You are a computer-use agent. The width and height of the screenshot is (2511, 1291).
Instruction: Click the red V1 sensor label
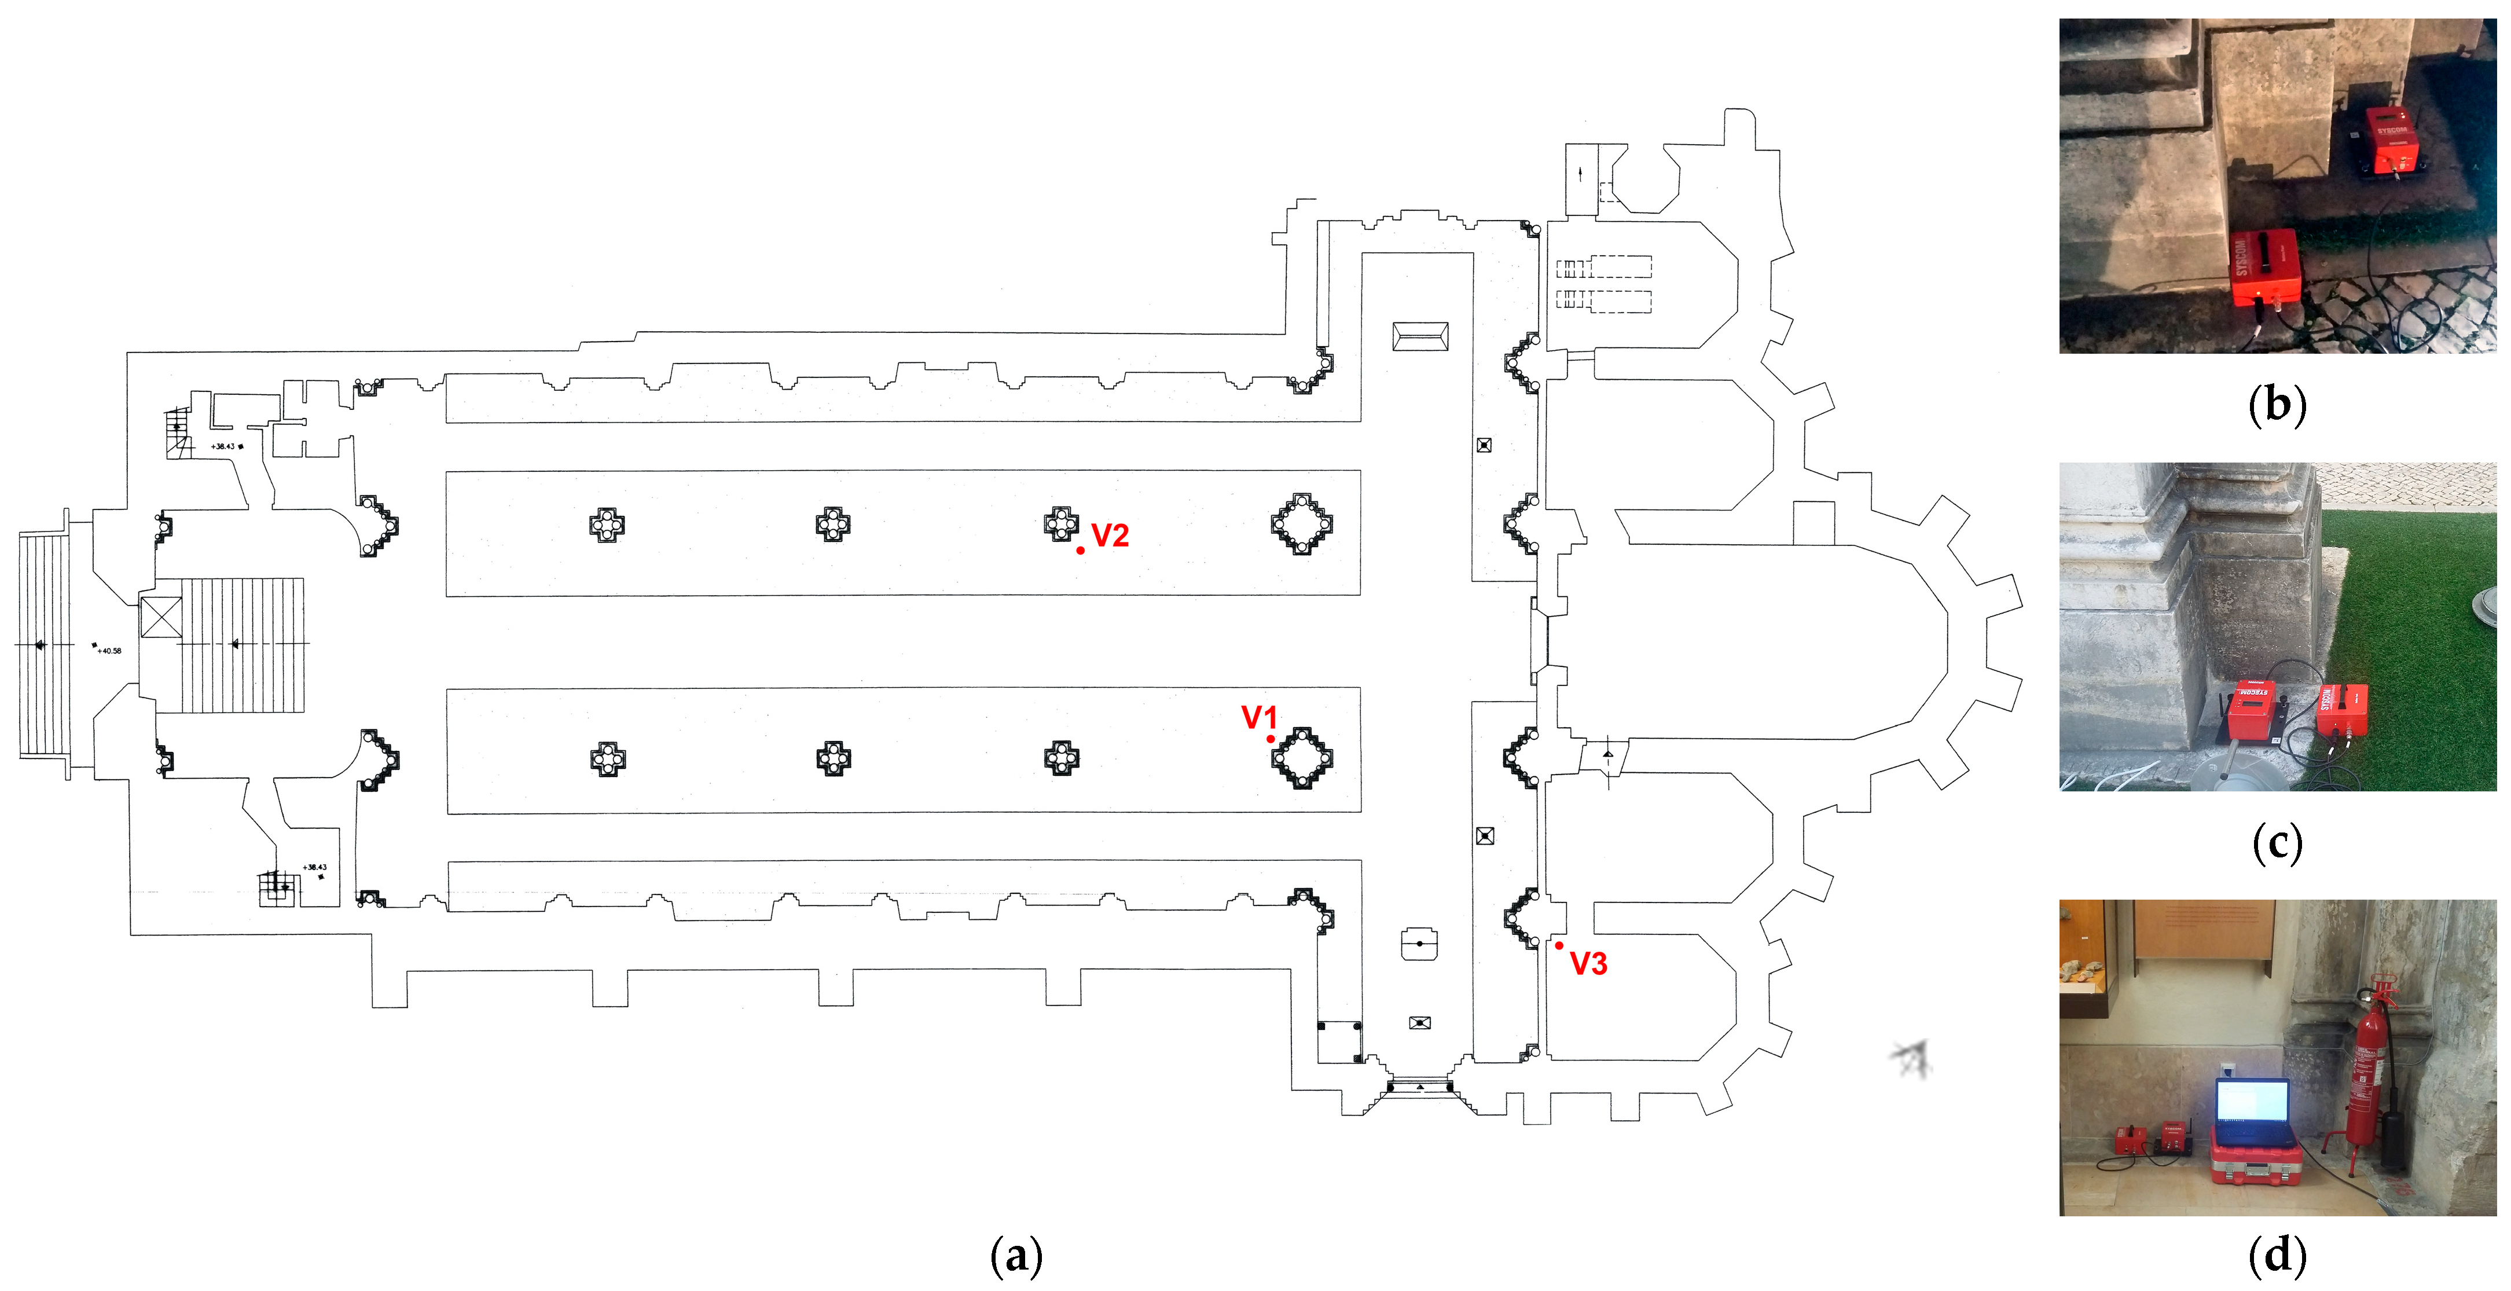pyautogui.click(x=1258, y=718)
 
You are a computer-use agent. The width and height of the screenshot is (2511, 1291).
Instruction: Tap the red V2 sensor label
pyautogui.click(x=1110, y=536)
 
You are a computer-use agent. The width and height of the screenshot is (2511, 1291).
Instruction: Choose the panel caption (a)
pyautogui.click(x=1016, y=1255)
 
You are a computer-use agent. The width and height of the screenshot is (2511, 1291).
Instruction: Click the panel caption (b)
pyautogui.click(x=2277, y=404)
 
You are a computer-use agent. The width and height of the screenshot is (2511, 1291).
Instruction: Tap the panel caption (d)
pyautogui.click(x=2277, y=1255)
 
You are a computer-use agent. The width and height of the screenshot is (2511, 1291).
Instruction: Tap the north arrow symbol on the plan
pyautogui.click(x=1911, y=1058)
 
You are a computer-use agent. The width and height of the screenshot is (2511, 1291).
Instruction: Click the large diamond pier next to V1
pyautogui.click(x=1301, y=758)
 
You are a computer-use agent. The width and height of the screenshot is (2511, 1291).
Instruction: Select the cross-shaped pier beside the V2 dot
pyautogui.click(x=1060, y=523)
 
